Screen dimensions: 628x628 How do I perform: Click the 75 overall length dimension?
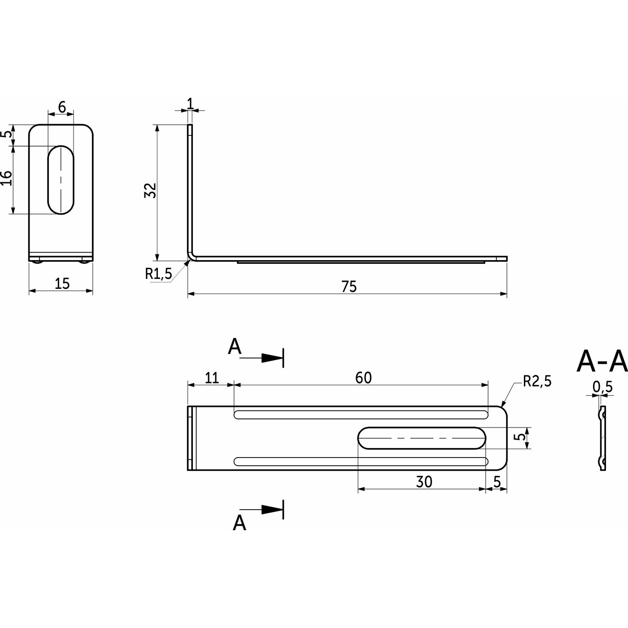point(349,287)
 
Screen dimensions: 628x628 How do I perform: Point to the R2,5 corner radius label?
point(537,381)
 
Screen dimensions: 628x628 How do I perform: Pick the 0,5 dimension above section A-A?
point(602,387)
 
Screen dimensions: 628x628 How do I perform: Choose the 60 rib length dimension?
point(363,378)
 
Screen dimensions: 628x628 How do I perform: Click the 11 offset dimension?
point(212,378)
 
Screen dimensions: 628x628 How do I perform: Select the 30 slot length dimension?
point(424,482)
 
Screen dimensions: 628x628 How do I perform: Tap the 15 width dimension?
point(62,283)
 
